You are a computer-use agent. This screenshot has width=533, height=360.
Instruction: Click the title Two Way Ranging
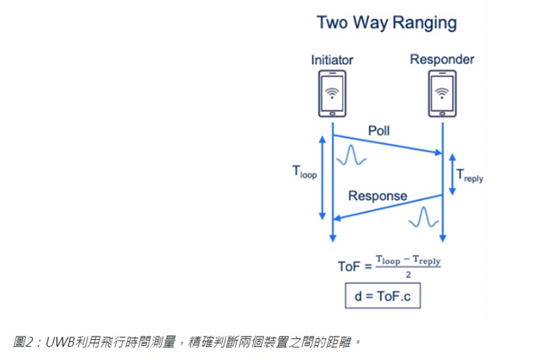(387, 23)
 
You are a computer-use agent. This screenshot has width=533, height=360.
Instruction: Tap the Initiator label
(332, 59)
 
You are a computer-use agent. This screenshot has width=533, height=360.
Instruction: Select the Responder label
(442, 59)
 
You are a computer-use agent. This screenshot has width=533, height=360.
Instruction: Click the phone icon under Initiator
(333, 94)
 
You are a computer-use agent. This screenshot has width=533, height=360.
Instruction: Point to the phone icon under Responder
(443, 94)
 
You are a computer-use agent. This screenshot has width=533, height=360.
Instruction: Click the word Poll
(379, 130)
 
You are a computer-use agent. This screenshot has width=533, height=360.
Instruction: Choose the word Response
(377, 196)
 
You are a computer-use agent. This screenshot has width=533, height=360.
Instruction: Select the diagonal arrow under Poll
(387, 145)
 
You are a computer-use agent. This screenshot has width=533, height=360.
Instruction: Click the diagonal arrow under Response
(387, 207)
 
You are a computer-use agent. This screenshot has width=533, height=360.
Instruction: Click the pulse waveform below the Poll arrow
(351, 156)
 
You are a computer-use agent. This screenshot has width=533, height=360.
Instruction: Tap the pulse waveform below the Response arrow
(423, 217)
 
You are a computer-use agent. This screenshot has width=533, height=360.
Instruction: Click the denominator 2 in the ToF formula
(408, 274)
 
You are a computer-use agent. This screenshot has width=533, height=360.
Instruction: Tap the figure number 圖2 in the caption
(25, 341)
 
